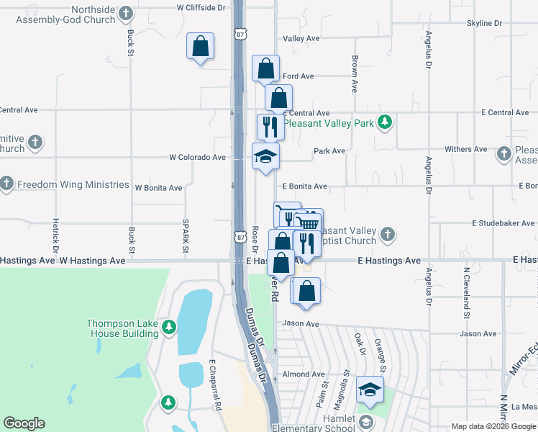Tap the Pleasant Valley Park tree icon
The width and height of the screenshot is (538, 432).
[386, 122]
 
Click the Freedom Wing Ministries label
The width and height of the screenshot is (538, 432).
[73, 184]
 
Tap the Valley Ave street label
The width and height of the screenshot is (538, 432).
[301, 38]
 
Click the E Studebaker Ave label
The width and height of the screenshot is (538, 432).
[503, 223]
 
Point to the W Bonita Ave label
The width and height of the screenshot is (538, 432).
[158, 188]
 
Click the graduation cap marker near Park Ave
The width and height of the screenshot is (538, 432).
[265, 156]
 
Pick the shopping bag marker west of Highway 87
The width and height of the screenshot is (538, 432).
[201, 47]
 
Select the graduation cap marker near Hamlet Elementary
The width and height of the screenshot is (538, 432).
[370, 390]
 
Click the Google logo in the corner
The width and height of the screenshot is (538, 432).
[24, 423]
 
